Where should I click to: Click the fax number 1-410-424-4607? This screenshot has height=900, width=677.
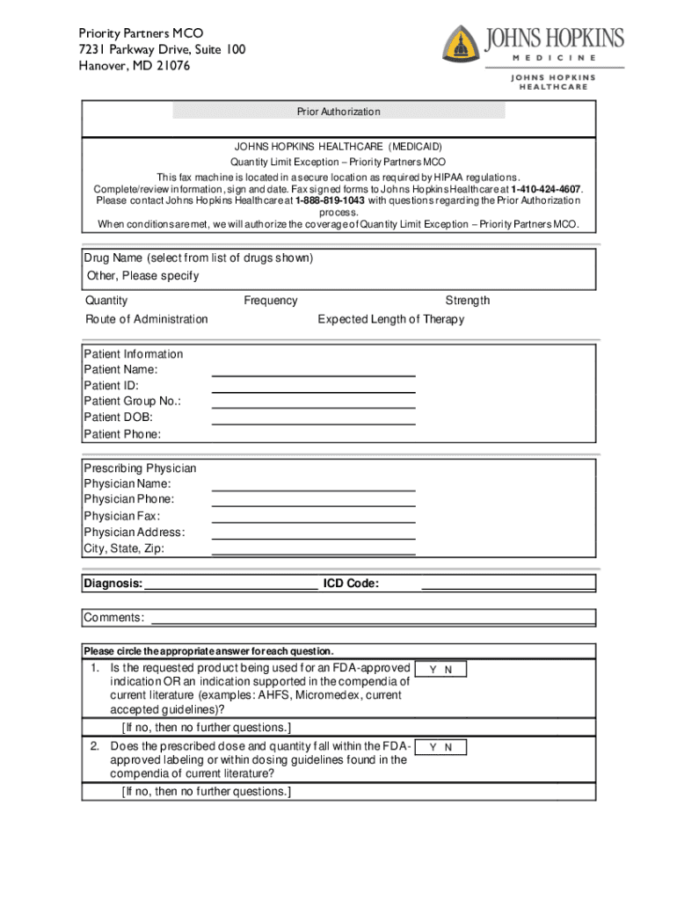545,189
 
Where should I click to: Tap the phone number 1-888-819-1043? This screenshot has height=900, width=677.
330,200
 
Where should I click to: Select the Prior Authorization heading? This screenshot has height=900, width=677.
338,112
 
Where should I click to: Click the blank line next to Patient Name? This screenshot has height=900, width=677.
314,375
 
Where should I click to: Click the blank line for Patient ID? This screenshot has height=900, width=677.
314,391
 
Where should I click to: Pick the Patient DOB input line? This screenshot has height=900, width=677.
314,423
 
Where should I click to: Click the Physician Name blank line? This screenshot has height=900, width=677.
314,489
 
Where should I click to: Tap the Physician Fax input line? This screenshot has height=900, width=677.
314,521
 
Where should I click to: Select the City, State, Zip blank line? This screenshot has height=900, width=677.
314,554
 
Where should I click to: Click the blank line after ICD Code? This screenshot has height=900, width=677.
508,587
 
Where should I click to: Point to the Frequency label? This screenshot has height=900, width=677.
271,301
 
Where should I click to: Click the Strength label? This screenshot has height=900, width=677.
468,301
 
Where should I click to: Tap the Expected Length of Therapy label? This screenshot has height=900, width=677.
391,319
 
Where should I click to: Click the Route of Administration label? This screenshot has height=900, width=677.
147,319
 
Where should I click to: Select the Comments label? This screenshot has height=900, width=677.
114,618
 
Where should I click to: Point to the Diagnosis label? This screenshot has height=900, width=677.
113,584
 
